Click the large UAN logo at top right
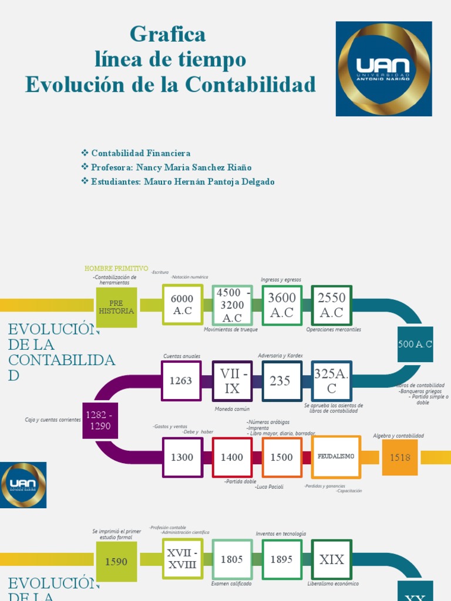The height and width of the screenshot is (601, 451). (x=383, y=69)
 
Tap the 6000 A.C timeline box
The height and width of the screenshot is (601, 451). (x=182, y=305)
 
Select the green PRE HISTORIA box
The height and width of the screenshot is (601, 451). (x=116, y=307)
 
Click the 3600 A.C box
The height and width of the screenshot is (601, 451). (x=281, y=305)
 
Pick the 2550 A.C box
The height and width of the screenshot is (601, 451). (x=331, y=305)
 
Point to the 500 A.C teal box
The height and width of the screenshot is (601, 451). (x=415, y=345)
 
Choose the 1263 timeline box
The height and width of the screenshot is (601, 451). (x=181, y=380)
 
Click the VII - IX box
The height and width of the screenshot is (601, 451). (x=232, y=380)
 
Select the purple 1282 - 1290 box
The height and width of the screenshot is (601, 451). (x=100, y=420)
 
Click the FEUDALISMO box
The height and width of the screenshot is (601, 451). (x=336, y=457)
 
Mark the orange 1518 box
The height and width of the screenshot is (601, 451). (x=400, y=457)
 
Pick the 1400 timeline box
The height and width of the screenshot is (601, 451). (x=232, y=457)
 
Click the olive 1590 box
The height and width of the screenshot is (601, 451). (x=116, y=562)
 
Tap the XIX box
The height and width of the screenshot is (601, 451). (x=331, y=559)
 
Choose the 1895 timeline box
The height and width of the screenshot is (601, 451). (x=281, y=559)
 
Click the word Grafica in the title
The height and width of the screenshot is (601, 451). (x=168, y=35)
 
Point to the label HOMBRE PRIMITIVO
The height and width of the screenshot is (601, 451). (x=116, y=268)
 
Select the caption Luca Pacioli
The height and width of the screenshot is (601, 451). (x=270, y=487)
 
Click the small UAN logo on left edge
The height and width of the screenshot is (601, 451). (x=23, y=485)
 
